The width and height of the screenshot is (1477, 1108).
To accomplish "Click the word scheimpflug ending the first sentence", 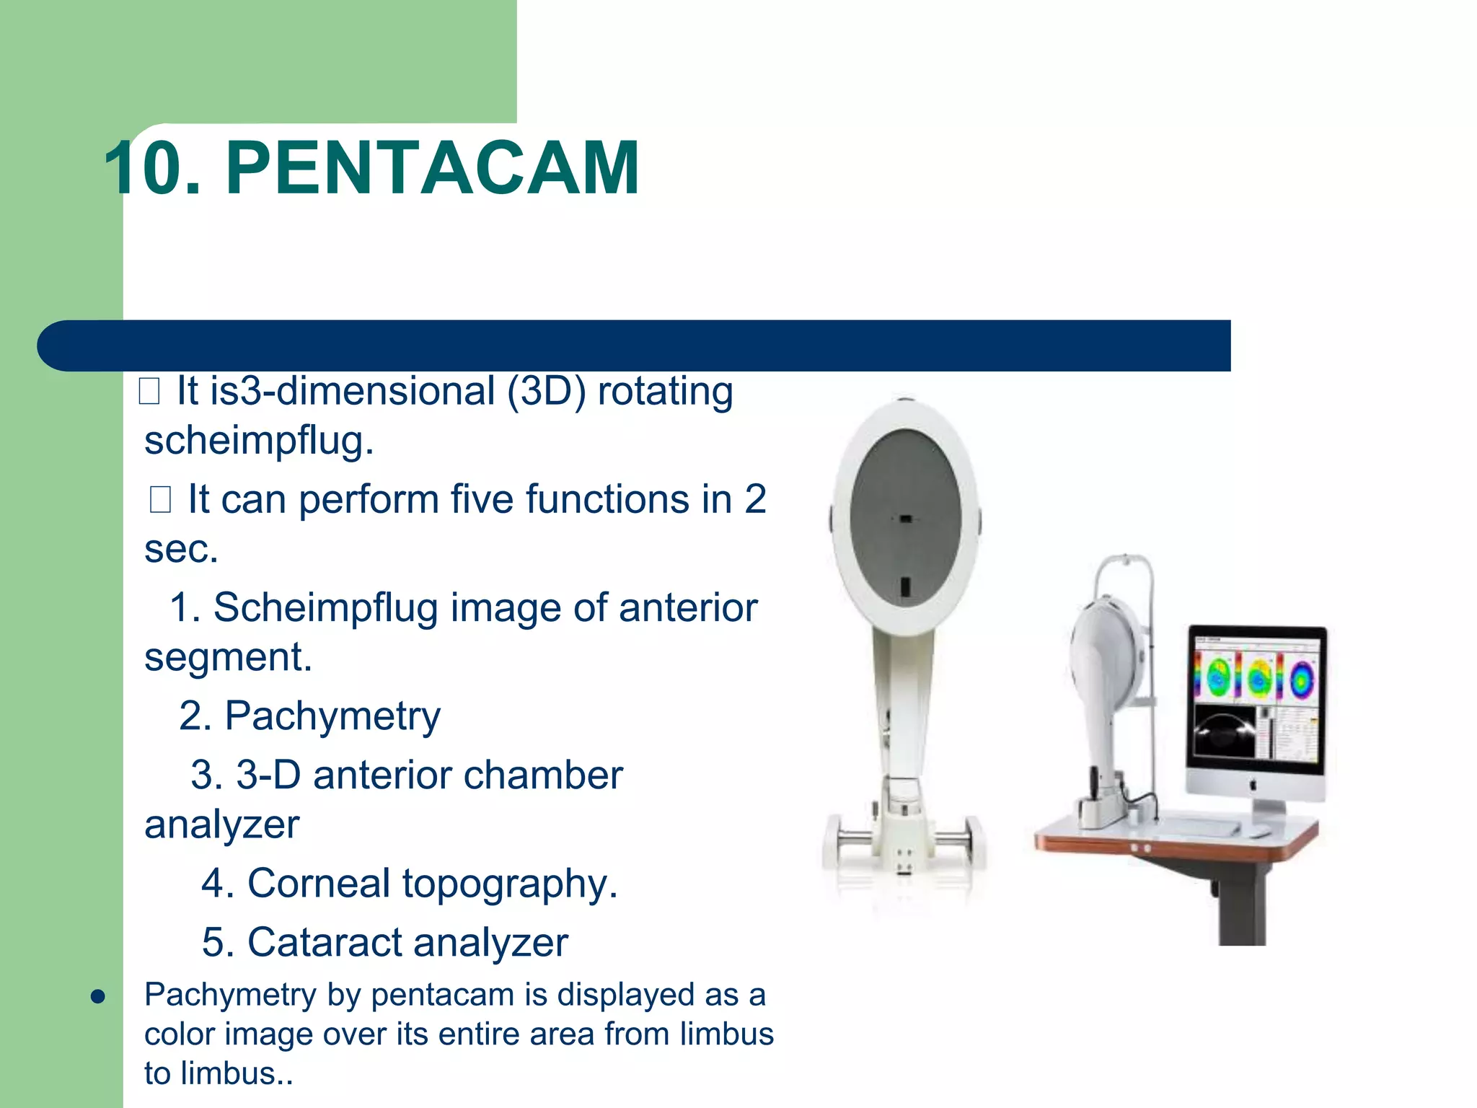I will point(258,441).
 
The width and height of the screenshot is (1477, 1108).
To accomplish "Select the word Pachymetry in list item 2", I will point(332,716).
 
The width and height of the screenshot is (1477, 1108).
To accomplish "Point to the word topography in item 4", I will point(504,884).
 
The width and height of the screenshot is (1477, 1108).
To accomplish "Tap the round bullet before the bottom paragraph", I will point(99,997).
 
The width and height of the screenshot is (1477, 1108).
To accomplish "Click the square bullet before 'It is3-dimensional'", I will point(149,392).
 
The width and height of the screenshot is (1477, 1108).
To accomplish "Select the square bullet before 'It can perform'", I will point(160,499).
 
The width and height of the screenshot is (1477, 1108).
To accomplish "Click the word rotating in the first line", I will point(665,392).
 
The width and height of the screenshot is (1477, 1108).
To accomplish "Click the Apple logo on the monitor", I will point(1253,784).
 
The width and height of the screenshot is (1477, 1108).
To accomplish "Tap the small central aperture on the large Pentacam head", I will point(906,519).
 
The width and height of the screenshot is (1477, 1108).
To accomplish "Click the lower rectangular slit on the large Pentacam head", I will point(906,586).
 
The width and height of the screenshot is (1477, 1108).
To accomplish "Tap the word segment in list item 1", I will point(227,657).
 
